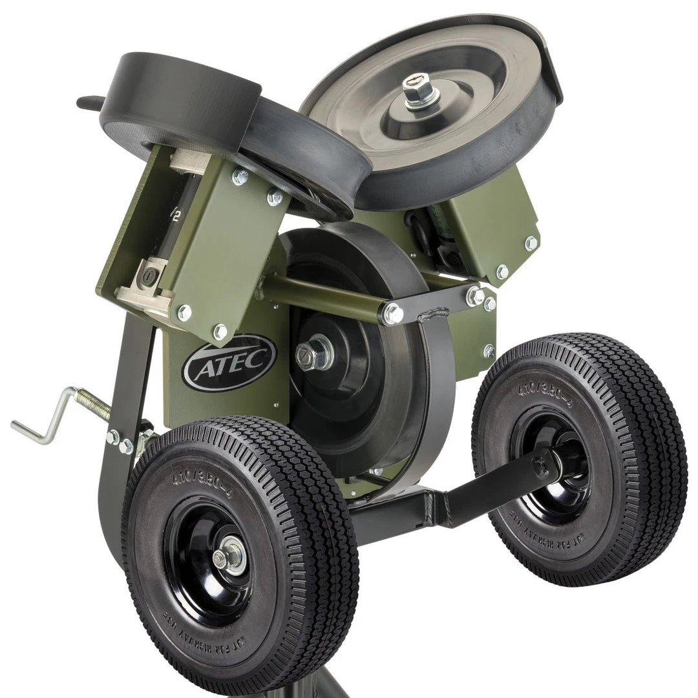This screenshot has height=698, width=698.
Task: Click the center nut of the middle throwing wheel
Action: coord(309,354)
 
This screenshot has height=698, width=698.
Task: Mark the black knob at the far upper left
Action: coord(88,102)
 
